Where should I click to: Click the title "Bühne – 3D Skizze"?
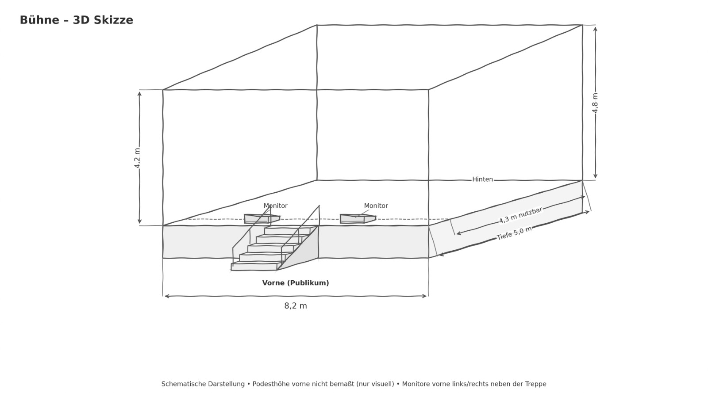(76, 20)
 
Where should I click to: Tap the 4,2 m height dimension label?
(137, 158)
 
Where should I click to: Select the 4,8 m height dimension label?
(595, 103)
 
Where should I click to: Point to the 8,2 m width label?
(296, 306)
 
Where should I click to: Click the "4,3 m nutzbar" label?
(520, 215)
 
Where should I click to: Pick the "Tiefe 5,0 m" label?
(514, 233)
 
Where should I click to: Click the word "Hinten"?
(482, 179)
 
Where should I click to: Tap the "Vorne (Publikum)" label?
(296, 283)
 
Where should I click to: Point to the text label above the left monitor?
(275, 206)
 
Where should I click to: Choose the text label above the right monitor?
(376, 206)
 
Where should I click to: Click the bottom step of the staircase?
(254, 267)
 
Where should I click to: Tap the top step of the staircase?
(288, 231)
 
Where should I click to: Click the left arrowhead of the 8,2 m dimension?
(166, 296)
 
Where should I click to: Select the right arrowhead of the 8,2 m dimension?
(425, 296)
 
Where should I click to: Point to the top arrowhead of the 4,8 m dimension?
(595, 29)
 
